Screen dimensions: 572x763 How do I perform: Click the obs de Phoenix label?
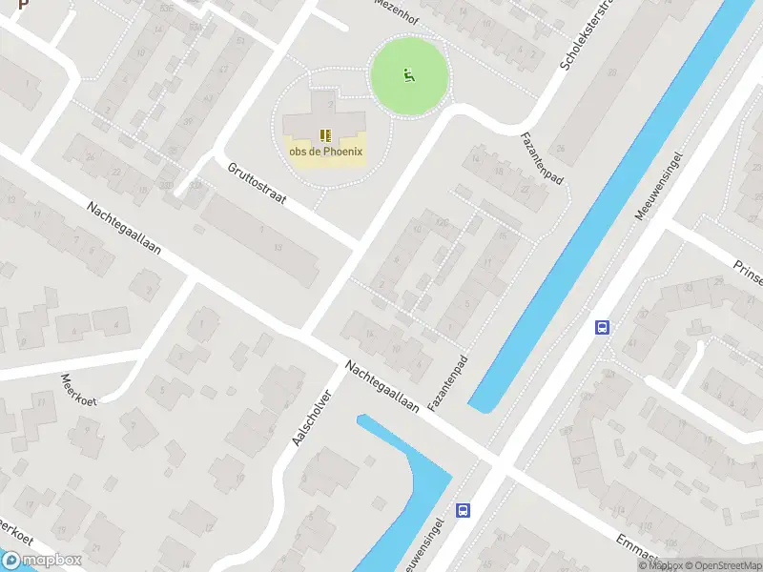pos(325,152)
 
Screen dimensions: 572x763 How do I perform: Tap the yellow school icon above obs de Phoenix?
pos(324,135)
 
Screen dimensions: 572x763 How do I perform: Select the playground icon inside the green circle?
pos(409,76)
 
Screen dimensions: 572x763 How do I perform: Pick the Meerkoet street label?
pos(80,388)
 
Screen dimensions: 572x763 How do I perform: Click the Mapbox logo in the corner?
pos(41,560)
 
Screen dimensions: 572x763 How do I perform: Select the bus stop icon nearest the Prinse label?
pos(602,327)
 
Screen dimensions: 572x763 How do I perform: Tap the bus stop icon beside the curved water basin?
pos(463,510)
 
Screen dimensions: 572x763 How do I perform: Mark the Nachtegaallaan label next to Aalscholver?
pos(382,386)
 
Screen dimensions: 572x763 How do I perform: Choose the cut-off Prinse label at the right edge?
pos(748,275)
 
